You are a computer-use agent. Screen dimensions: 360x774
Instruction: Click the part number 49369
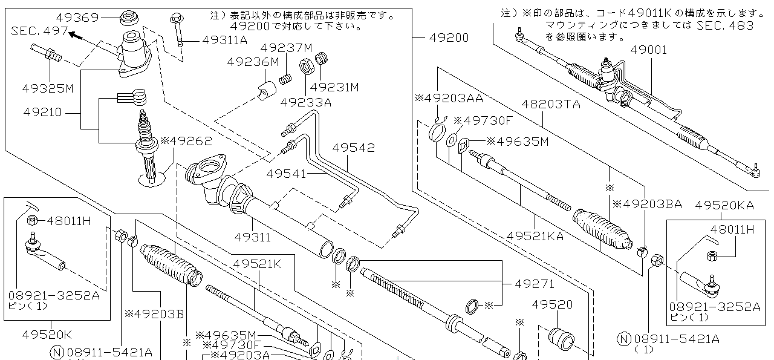coord(77,18)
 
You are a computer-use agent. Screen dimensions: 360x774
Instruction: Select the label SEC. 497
coord(39,30)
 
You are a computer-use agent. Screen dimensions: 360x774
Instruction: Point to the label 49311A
coord(225,41)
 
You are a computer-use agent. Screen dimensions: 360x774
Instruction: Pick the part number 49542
coord(353,148)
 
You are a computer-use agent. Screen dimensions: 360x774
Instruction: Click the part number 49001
coord(648,50)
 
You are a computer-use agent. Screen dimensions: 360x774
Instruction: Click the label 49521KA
coord(535,235)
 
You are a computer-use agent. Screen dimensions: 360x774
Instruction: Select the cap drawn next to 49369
coord(128,18)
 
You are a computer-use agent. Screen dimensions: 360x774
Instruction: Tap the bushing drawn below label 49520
coord(561,339)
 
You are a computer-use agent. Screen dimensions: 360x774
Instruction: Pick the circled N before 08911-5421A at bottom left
coord(57,352)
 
